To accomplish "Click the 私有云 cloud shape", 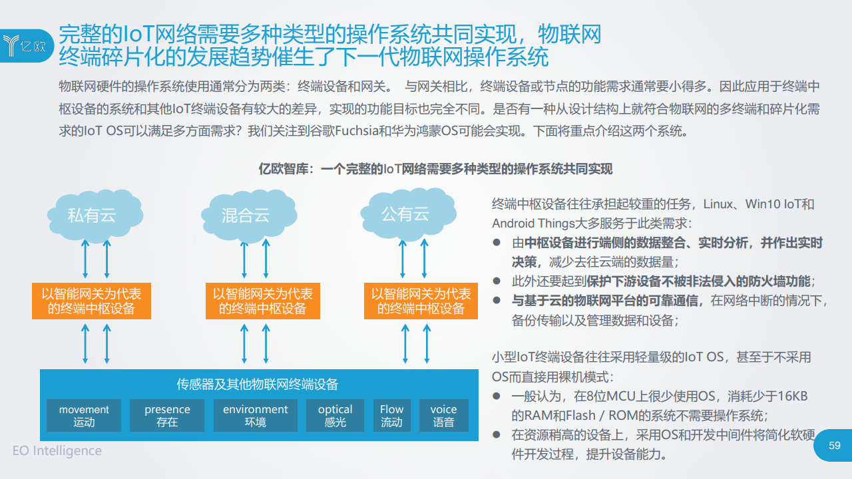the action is pos(95,216).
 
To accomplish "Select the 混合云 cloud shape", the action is pos(249,216).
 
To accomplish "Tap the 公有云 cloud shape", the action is pos(408,214).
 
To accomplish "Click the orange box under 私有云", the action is pos(91,301).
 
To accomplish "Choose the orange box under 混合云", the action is pos(262,301).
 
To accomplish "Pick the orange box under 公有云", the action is pos(421,301).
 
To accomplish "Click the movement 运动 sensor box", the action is pos(84,415).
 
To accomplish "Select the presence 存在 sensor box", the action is pos(167,415).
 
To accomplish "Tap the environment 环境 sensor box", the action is pos(255,415).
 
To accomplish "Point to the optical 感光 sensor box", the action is pos(335,415).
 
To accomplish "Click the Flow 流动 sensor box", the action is pos(392,415).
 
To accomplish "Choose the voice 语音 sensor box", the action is pos(443,415).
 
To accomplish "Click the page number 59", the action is pos(835,445).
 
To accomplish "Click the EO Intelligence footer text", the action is pos(57,450).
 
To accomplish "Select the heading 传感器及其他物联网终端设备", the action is pos(257,385).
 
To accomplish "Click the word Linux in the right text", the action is pos(718,204).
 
